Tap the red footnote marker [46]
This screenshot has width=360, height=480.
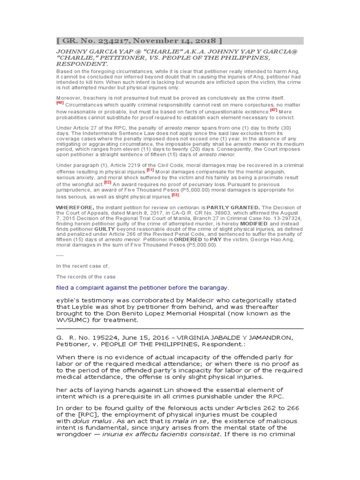click(x=60, y=102)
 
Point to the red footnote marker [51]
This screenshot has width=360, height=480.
click(x=150, y=170)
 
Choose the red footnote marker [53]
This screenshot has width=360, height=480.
click(x=175, y=195)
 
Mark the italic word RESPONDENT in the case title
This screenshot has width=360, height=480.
click(x=82, y=63)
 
